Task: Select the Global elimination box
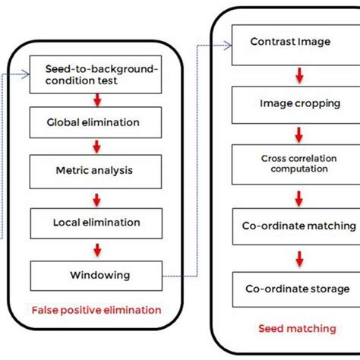95,122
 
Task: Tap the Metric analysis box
95,172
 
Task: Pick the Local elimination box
95,223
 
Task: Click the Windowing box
95,274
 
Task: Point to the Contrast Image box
290,42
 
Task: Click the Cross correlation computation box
290,163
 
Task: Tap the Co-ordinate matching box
290,226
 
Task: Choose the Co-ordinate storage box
290,289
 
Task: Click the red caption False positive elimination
96,310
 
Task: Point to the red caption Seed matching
296,328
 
